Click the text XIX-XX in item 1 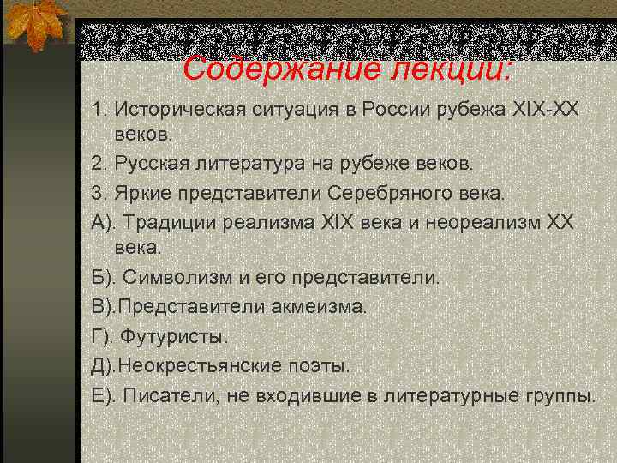click(x=547, y=110)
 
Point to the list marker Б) click(x=103, y=278)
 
